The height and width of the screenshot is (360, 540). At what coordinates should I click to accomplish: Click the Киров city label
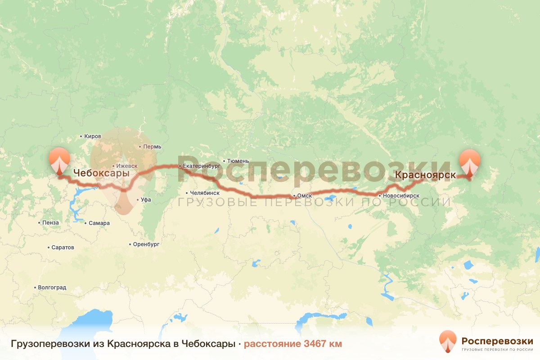pos(93,136)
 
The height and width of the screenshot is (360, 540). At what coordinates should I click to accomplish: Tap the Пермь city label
pos(149,147)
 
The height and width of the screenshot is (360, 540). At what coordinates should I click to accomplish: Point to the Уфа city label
pos(146,199)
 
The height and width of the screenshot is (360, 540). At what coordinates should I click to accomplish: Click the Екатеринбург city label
pos(202,166)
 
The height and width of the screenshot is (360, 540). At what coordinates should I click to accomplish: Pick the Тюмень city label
pos(238,161)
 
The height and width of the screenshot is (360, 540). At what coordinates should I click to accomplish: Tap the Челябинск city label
pos(205,193)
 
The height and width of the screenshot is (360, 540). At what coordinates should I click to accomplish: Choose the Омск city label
pos(304,196)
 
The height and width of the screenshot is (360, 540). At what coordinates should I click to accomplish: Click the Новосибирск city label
pos(402,196)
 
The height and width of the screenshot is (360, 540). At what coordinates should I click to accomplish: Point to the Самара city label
pos(99,223)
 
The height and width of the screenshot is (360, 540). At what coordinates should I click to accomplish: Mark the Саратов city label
pos(63,247)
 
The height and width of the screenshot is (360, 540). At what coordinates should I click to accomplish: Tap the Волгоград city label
pos(52,288)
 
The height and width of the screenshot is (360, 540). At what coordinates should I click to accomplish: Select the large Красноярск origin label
pos(425,175)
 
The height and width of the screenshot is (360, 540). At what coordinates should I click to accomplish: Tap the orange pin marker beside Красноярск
pos(470,162)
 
